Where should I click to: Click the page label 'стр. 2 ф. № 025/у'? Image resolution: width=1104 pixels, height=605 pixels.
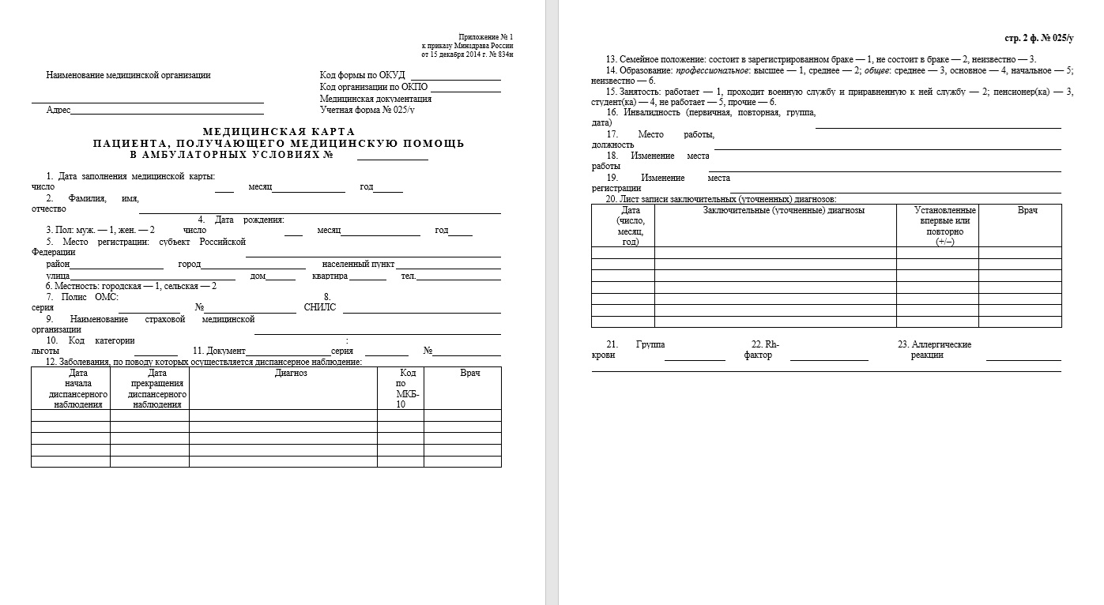pos(1038,39)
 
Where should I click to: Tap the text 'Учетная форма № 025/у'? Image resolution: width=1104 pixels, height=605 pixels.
pos(367,111)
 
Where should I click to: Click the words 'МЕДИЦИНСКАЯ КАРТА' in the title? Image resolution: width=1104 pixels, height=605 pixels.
pos(279,132)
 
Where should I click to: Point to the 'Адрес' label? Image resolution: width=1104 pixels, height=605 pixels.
pos(58,111)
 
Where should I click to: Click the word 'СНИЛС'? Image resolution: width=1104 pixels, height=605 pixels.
pos(320,307)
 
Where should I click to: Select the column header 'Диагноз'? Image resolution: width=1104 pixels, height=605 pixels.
pos(291,373)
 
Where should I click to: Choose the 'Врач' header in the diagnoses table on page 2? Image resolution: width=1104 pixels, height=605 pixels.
pos(1028,210)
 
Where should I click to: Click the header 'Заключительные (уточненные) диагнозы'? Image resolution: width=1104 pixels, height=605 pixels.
pos(783,210)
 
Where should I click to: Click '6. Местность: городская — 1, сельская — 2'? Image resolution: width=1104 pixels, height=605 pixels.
pos(130,286)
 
